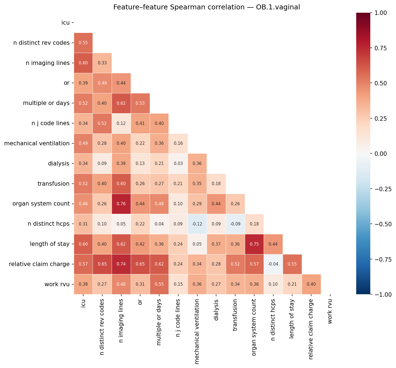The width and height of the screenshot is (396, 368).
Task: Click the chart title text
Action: (206, 7)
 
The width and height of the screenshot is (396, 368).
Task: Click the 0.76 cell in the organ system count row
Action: (121, 204)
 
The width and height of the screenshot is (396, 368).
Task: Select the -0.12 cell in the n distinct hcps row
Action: (197, 224)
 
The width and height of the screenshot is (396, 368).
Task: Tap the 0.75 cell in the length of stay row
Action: (254, 244)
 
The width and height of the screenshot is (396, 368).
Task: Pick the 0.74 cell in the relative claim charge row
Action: (121, 264)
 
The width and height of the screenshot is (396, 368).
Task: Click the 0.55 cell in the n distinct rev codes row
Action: (83, 43)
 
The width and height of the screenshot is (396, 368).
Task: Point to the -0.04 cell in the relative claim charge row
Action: (273, 264)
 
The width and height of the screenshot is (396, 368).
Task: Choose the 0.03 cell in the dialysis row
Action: (178, 164)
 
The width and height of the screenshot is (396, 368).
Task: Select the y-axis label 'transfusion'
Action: (53, 184)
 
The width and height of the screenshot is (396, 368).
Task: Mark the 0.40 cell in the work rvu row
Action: (311, 284)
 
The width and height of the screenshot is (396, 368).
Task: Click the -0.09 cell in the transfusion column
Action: (235, 224)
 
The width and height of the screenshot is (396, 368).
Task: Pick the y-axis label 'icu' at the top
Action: (65, 23)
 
